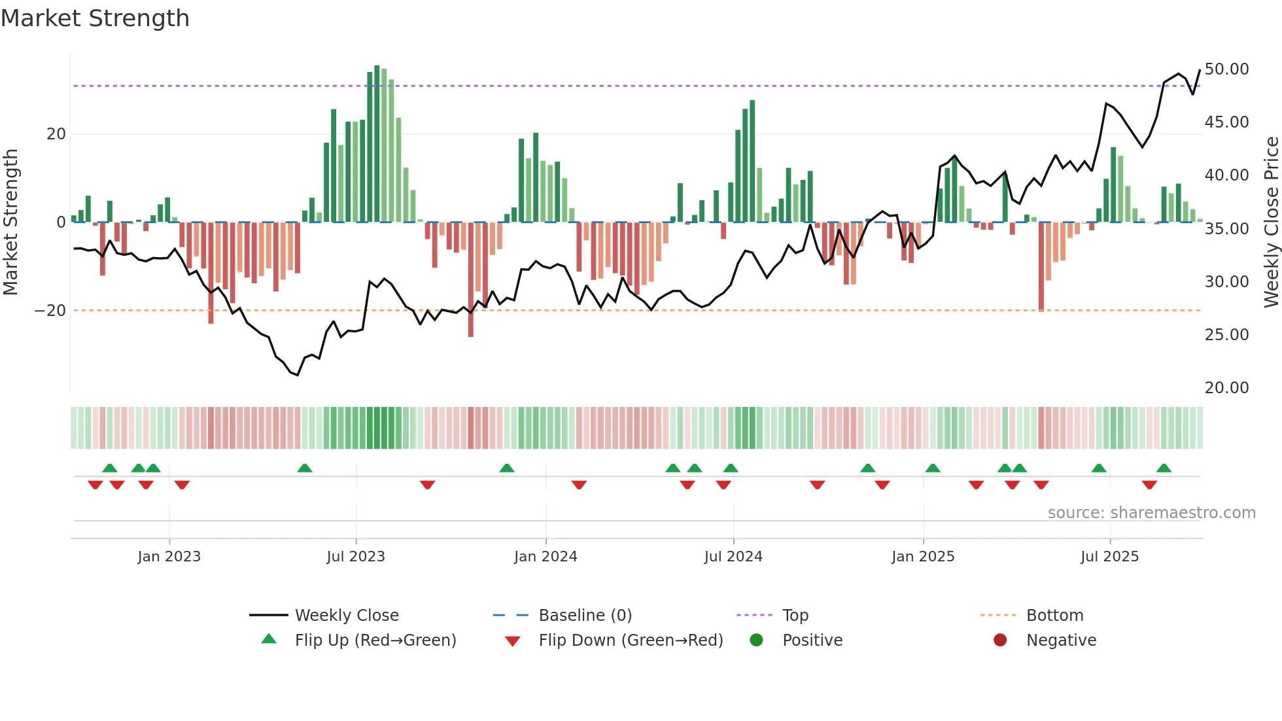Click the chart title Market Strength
pyautogui.click(x=95, y=18)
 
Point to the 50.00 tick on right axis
pyautogui.click(x=1226, y=69)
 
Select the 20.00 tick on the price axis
pyautogui.click(x=1226, y=388)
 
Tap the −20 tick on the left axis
pyautogui.click(x=50, y=311)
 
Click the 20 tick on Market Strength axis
pyautogui.click(x=56, y=134)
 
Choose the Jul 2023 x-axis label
pyautogui.click(x=356, y=557)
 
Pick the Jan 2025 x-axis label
pyautogui.click(x=922, y=557)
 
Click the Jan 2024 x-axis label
pyautogui.click(x=546, y=557)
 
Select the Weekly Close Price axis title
pyautogui.click(x=1271, y=222)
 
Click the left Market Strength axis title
pyautogui.click(x=10, y=222)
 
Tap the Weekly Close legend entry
pyautogui.click(x=347, y=616)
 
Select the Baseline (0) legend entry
pyautogui.click(x=585, y=616)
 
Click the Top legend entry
pyautogui.click(x=795, y=616)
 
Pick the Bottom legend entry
pyautogui.click(x=1054, y=616)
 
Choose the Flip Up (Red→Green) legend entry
pyautogui.click(x=375, y=641)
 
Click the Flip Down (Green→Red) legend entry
pyautogui.click(x=631, y=641)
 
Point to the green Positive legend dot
pyautogui.click(x=757, y=641)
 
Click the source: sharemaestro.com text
pyautogui.click(x=1151, y=513)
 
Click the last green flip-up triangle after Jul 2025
pyautogui.click(x=1164, y=468)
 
